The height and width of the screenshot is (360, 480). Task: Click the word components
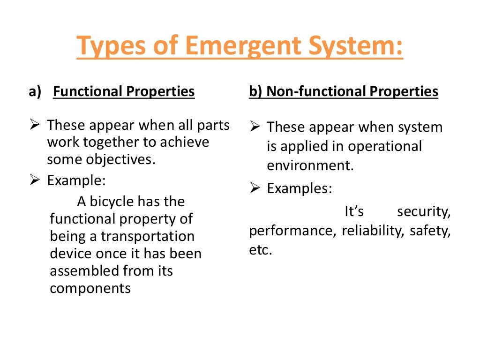coord(90,288)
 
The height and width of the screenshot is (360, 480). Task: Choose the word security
coord(423,212)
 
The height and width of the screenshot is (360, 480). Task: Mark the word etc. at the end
coord(260,250)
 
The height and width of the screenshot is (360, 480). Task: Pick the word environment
coord(310,165)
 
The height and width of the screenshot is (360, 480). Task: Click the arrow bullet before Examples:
coord(255,188)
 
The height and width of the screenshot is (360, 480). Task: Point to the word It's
coord(354,212)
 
